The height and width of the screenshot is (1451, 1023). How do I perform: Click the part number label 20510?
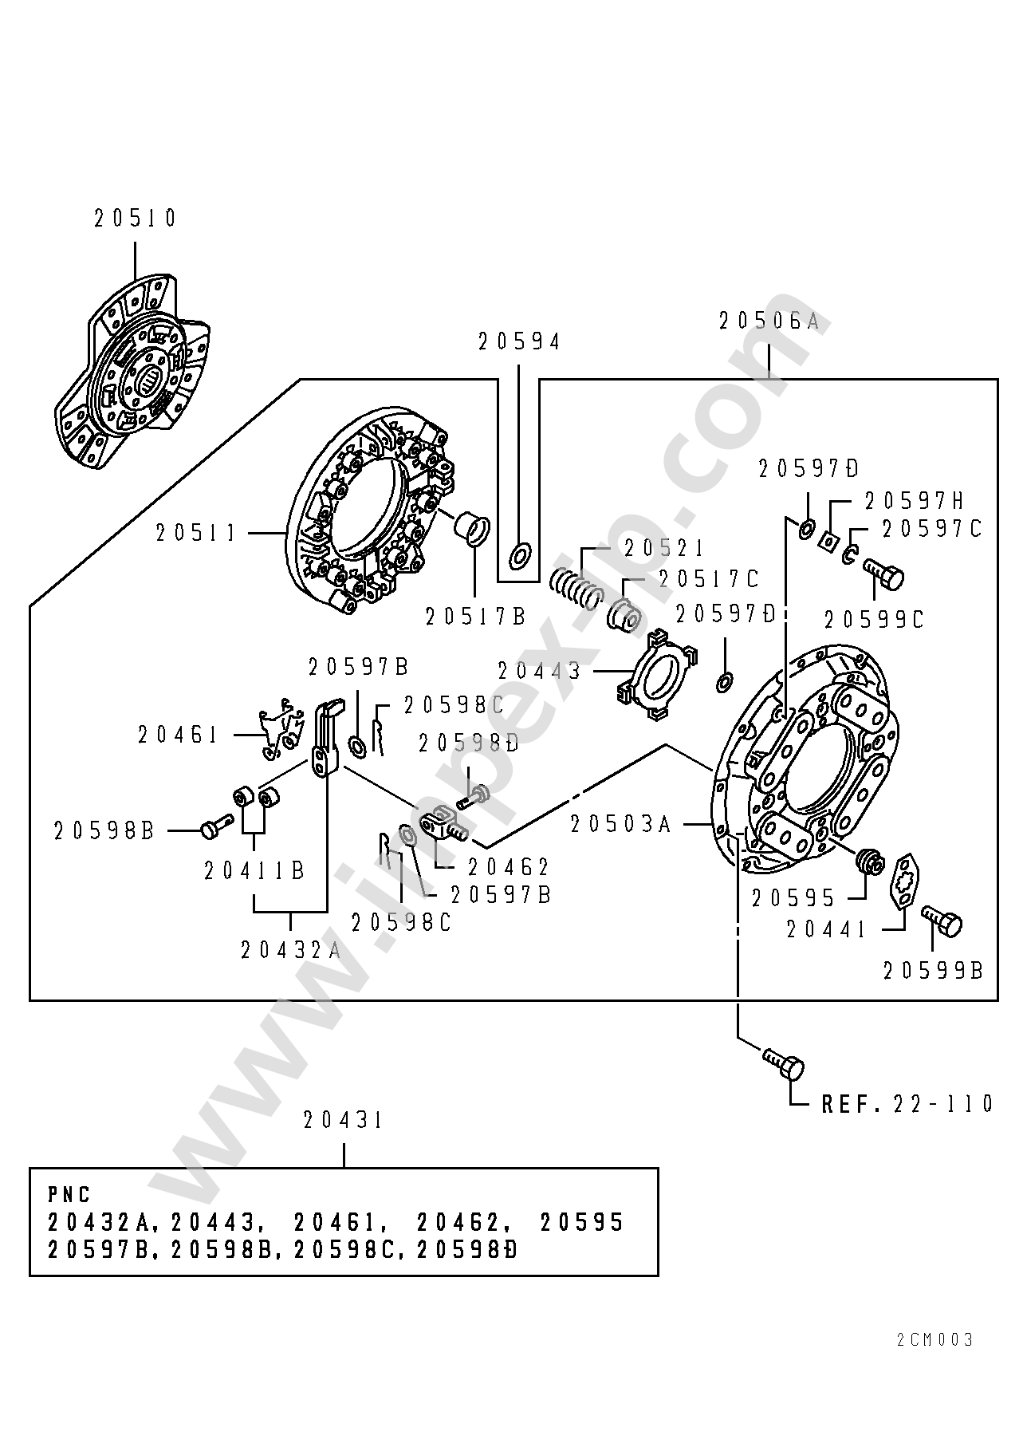(135, 219)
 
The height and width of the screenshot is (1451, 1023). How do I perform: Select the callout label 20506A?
(769, 321)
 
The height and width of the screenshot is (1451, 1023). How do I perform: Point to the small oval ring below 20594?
(520, 556)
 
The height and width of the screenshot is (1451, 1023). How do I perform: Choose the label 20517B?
(476, 617)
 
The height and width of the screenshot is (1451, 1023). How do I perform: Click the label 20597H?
(915, 501)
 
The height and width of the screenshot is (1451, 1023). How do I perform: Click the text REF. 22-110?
(907, 1104)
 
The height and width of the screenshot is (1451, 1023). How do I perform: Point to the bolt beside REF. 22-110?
(784, 1064)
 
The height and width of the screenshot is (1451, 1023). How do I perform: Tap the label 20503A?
(622, 824)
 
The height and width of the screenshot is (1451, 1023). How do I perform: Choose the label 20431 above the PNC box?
(344, 1121)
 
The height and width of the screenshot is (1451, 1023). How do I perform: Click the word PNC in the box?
(69, 1195)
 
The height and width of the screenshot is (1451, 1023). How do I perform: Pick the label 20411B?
(255, 871)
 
